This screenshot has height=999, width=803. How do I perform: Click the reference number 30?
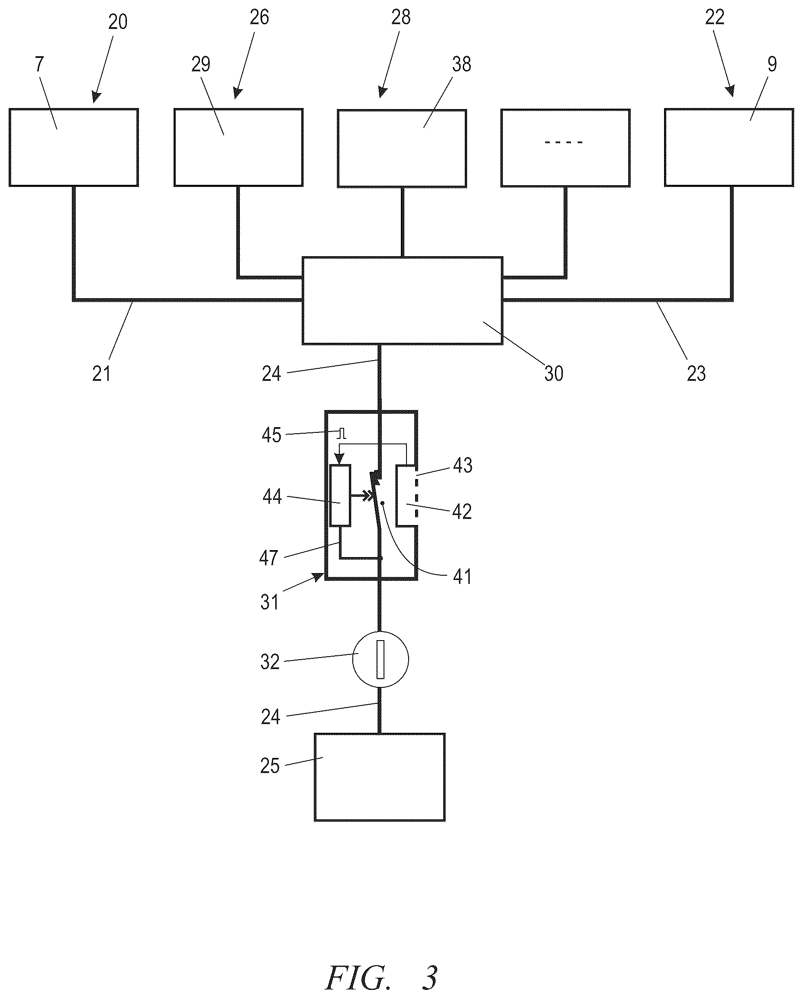click(x=554, y=374)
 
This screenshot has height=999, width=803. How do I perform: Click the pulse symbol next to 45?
click(x=342, y=434)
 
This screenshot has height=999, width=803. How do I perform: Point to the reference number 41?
click(x=462, y=577)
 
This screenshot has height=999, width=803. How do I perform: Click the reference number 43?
click(x=462, y=465)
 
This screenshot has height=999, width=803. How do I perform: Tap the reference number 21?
click(x=101, y=374)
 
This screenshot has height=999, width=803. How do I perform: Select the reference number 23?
click(x=696, y=374)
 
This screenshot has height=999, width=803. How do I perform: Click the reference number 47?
click(x=269, y=558)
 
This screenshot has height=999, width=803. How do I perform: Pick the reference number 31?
click(x=269, y=603)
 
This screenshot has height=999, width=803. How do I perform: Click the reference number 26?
click(x=259, y=17)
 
